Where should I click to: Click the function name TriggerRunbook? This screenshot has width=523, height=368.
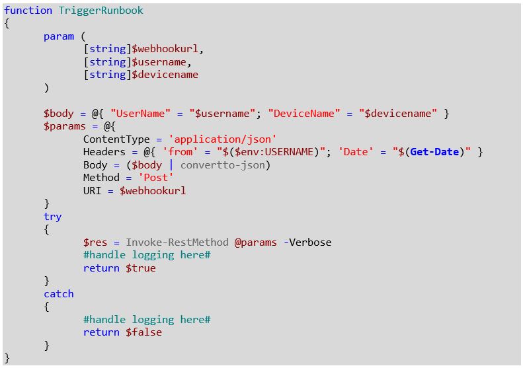pyautogui.click(x=101, y=11)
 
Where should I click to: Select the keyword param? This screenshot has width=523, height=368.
pyautogui.click(x=59, y=36)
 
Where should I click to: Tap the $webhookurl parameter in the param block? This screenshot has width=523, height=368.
pyautogui.click(x=165, y=49)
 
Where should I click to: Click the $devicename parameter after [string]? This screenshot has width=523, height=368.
pyautogui.click(x=165, y=75)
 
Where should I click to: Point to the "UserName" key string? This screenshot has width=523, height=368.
pyautogui.click(x=140, y=114)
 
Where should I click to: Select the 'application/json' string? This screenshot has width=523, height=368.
pyautogui.click(x=222, y=139)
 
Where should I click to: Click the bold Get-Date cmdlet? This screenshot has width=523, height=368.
pyautogui.click(x=434, y=152)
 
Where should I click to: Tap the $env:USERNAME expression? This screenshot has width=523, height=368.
pyautogui.click(x=274, y=152)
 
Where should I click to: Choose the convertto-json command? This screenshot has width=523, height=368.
pyautogui.click(x=222, y=165)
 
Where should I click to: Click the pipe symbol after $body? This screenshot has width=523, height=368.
pyautogui.click(x=171, y=165)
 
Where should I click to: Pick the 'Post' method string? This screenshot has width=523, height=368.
pyautogui.click(x=156, y=178)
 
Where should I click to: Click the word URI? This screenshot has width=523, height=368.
pyautogui.click(x=92, y=191)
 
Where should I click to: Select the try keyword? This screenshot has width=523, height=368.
pyautogui.click(x=53, y=217)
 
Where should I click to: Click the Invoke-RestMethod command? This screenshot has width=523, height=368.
pyautogui.click(x=177, y=242)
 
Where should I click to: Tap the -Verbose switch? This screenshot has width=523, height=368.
pyautogui.click(x=307, y=242)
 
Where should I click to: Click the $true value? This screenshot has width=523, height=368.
pyautogui.click(x=141, y=268)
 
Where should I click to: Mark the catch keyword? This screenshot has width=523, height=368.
pyautogui.click(x=59, y=294)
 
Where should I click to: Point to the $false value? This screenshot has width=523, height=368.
pyautogui.click(x=143, y=332)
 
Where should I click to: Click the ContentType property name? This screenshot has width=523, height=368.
pyautogui.click(x=116, y=139)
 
